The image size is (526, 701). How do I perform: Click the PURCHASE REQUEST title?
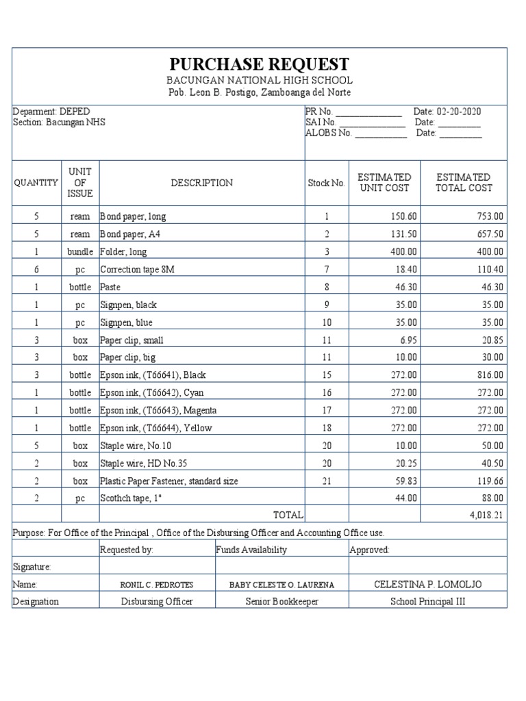coord(260,64)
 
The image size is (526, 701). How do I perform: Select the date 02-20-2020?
coord(455,112)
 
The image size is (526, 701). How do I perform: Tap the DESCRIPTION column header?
coord(201,183)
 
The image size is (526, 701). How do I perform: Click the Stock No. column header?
coord(326,183)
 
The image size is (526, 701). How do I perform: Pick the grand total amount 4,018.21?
coord(486,514)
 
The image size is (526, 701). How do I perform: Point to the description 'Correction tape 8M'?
coord(137,270)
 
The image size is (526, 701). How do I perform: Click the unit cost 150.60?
coord(403,216)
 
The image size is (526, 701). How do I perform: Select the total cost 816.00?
coord(490,375)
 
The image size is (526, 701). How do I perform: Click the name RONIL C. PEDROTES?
coord(156,585)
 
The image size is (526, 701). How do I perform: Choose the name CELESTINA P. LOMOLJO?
coord(428,584)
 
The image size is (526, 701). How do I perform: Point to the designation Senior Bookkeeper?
coord(281,602)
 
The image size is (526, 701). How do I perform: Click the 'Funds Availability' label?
coord(251,550)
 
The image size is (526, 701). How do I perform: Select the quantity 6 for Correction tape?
coord(36,270)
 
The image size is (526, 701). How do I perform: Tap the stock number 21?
coord(327,481)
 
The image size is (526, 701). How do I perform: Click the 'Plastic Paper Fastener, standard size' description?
coord(169,481)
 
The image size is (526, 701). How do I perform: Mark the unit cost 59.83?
coord(405,481)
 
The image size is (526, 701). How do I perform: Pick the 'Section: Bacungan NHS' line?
coord(60,123)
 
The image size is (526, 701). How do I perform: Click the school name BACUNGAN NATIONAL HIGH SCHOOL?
coord(260,81)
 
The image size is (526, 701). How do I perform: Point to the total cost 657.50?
coord(490,234)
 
